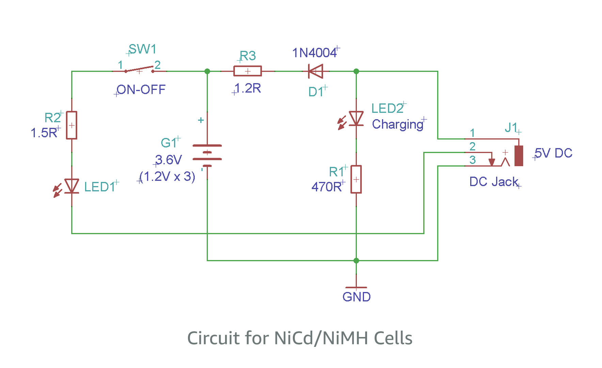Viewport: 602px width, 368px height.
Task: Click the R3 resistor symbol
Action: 248,71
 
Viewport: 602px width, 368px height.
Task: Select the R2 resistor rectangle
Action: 72,125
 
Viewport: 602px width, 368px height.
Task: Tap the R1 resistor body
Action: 356,179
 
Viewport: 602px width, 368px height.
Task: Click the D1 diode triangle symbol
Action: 316,71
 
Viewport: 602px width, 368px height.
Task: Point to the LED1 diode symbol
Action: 72,186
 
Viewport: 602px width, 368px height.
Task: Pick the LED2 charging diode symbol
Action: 356,119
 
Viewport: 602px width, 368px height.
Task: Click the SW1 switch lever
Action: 139,69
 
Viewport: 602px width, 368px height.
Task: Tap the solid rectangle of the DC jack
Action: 519,156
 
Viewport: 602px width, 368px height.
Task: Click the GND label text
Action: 357,297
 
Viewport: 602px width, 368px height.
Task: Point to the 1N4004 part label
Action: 315,53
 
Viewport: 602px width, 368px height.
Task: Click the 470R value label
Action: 327,187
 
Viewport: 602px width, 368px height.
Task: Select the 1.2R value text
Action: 248,89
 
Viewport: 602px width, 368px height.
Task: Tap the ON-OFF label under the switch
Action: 141,90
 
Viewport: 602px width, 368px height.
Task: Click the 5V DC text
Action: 553,153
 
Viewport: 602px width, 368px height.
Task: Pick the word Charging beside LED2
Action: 397,124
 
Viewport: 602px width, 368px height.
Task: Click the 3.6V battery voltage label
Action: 169,159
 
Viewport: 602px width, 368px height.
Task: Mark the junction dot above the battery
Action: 207,71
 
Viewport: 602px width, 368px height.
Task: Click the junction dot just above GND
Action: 356,261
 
